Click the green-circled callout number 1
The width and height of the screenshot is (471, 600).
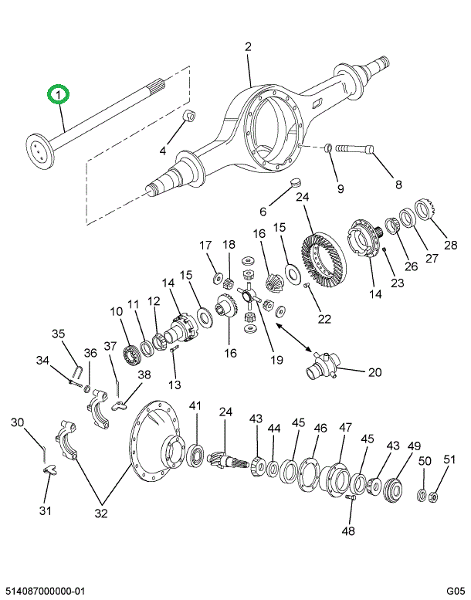59,94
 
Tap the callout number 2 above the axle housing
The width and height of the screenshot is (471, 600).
249,47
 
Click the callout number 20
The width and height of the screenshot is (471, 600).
374,372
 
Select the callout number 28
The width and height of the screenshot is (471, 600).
450,246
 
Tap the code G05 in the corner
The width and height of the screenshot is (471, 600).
455,591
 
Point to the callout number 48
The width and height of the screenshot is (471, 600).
349,531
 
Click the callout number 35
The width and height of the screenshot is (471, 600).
59,334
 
